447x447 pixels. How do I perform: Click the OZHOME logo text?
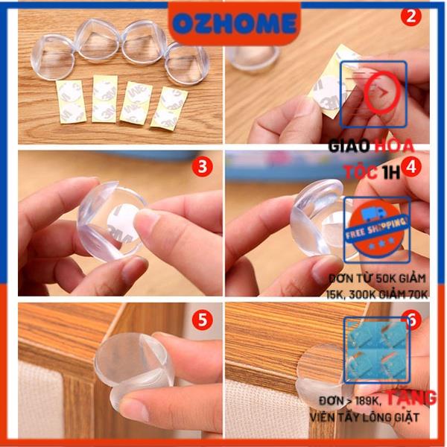(223, 24)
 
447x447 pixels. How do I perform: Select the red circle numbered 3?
(200, 168)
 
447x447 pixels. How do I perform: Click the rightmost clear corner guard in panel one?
(186, 63)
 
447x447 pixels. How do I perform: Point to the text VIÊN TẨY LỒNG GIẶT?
(364, 416)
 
